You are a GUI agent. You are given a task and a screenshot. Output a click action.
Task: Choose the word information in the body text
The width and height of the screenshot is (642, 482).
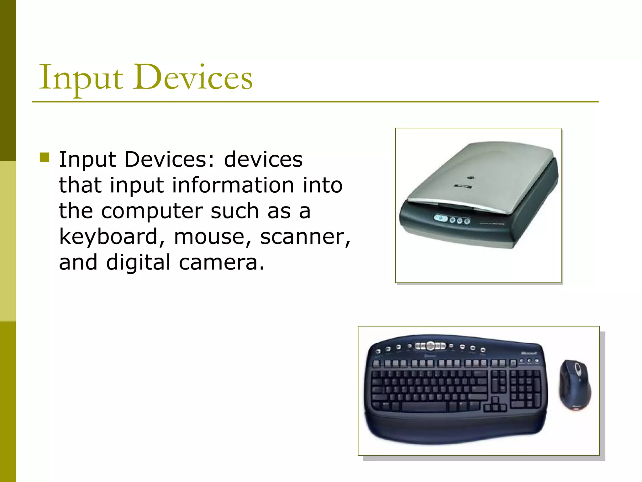[x=233, y=185]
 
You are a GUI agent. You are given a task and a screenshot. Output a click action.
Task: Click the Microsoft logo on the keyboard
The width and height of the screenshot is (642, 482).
[x=529, y=353]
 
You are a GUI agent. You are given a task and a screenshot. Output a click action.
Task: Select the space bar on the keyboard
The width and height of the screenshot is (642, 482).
[x=424, y=407]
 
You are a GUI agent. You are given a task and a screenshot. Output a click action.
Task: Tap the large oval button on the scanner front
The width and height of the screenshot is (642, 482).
[x=441, y=218]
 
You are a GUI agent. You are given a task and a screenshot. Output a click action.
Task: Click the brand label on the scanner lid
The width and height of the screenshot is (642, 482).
[x=463, y=186]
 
